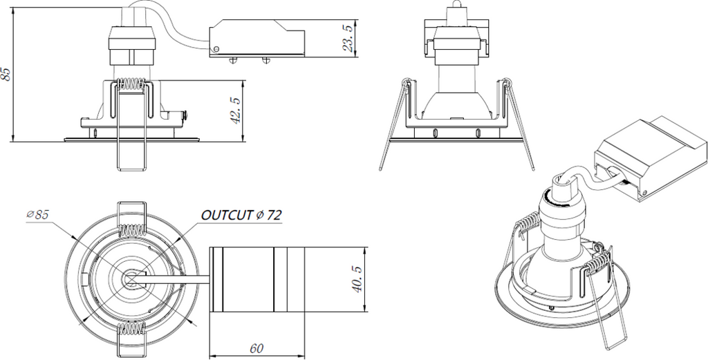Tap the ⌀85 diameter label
click(x=38, y=215)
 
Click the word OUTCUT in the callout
click(x=226, y=216)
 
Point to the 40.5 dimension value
click(x=356, y=277)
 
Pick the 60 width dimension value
click(x=257, y=348)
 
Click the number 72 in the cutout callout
click(x=272, y=216)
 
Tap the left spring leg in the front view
click(x=391, y=128)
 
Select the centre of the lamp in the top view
click(x=131, y=277)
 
